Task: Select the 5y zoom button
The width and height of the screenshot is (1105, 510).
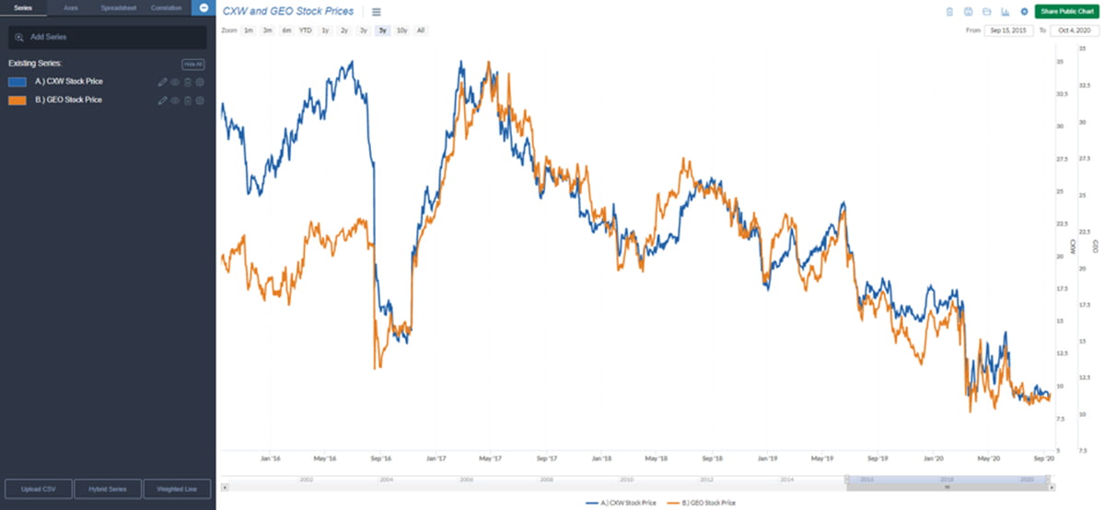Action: pyautogui.click(x=382, y=30)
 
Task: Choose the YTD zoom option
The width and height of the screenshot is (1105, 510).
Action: pyautogui.click(x=305, y=30)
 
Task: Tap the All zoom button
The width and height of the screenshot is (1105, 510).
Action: pyautogui.click(x=420, y=30)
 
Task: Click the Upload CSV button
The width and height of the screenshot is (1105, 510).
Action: pyautogui.click(x=39, y=489)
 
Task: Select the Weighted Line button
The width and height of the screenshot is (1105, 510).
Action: pyautogui.click(x=177, y=489)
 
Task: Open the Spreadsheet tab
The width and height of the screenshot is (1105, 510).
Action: pyautogui.click(x=118, y=7)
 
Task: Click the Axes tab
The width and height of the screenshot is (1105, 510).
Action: pyautogui.click(x=71, y=7)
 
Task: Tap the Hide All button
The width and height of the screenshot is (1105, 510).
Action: pyautogui.click(x=192, y=64)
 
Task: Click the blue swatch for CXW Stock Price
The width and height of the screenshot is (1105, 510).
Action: pyautogui.click(x=17, y=81)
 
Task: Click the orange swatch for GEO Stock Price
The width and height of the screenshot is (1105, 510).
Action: pyautogui.click(x=17, y=99)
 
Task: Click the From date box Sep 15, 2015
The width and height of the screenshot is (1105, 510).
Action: pyautogui.click(x=1008, y=30)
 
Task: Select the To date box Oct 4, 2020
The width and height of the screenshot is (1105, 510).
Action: pyautogui.click(x=1074, y=30)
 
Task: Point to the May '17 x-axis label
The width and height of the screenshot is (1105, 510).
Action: pyautogui.click(x=490, y=458)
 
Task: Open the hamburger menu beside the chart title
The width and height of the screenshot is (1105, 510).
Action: pyautogui.click(x=376, y=12)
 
